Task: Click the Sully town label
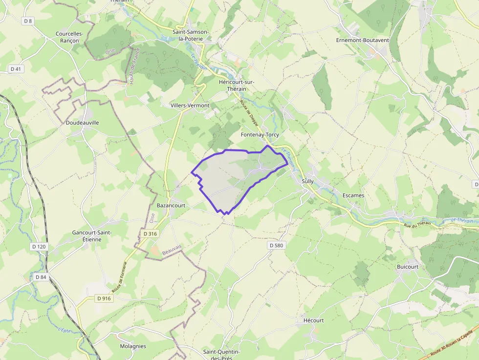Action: tap(308, 181)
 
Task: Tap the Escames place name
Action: tap(353, 195)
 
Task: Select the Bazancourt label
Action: tap(171, 206)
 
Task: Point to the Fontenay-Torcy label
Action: tap(260, 134)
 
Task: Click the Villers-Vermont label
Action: tap(190, 106)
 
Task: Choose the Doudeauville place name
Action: tap(82, 123)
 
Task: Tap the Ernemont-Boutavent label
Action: tap(363, 40)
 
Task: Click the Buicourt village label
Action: tap(408, 267)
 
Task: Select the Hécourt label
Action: tap(313, 320)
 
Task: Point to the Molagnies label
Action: tap(133, 346)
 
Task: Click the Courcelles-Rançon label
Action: tap(69, 37)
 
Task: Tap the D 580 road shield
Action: tap(276, 245)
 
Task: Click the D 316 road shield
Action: tap(151, 234)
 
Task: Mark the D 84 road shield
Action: tap(41, 277)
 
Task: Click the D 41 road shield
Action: tap(16, 69)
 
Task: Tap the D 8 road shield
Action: tap(28, 21)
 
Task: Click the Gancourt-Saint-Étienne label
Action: tap(92, 236)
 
